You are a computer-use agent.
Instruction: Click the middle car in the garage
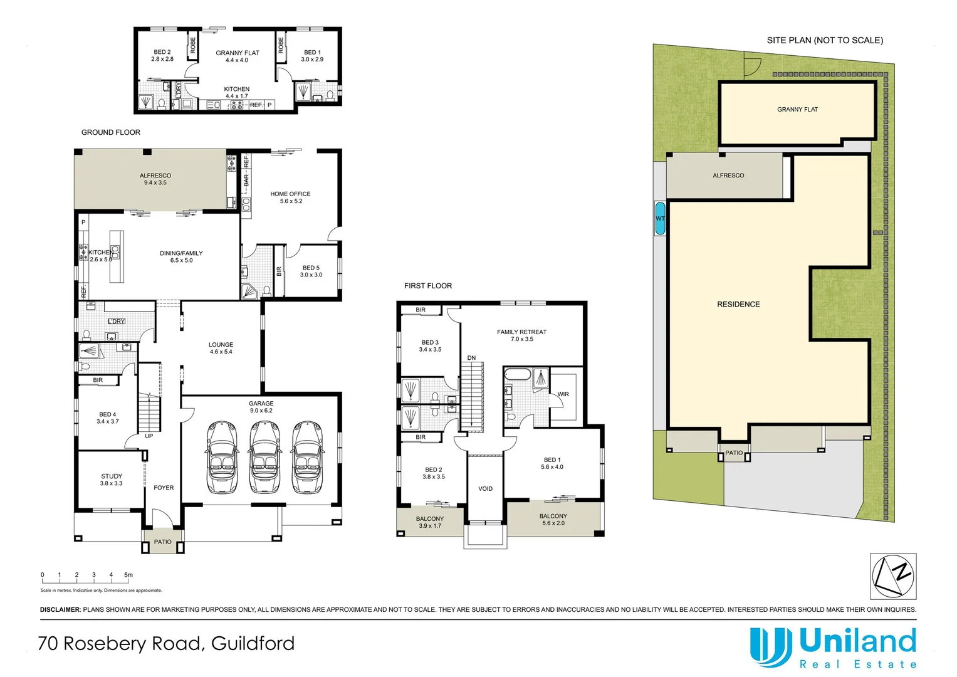click(264, 457)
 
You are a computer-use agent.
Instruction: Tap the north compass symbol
click(893, 576)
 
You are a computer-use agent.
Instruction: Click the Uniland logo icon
click(770, 647)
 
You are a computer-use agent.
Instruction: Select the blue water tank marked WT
click(660, 219)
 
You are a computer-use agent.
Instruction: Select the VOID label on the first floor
click(485, 489)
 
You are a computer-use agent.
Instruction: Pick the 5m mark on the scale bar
click(128, 575)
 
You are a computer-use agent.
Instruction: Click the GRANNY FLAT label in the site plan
click(797, 110)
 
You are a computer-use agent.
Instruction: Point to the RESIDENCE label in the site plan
click(738, 305)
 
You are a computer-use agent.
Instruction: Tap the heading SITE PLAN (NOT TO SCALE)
click(825, 40)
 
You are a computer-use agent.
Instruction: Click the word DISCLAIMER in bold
click(60, 609)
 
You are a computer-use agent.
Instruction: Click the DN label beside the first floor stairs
click(471, 358)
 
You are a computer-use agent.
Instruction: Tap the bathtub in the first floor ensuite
click(517, 377)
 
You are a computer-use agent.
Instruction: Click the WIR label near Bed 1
click(563, 394)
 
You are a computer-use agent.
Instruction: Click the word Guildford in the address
click(253, 644)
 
